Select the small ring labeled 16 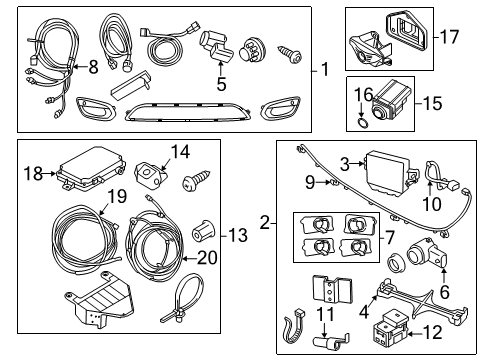click(x=362, y=111)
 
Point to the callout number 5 click(x=221, y=85)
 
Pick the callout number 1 click(x=325, y=70)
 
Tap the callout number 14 click(x=179, y=152)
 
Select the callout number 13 click(x=237, y=235)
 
